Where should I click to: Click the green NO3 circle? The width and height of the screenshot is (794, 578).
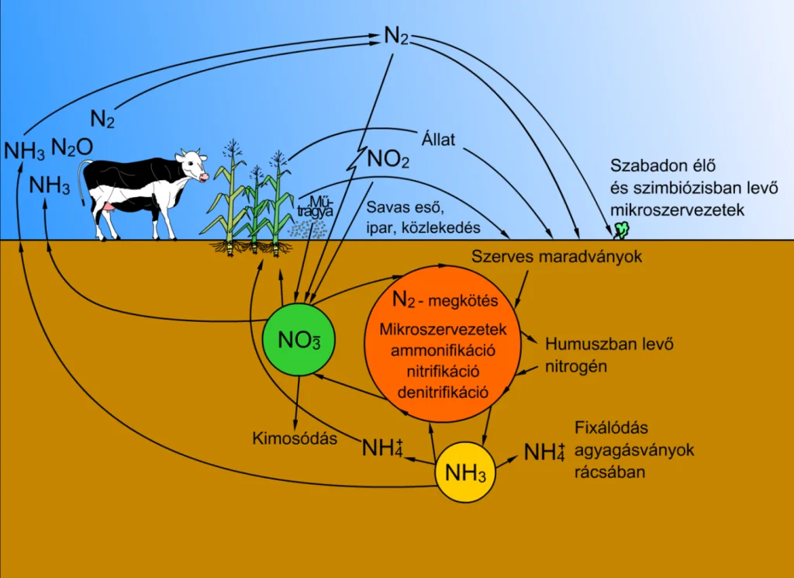(299, 339)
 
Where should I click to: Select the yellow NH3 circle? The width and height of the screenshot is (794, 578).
(465, 472)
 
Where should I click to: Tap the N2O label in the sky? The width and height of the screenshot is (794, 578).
(72, 147)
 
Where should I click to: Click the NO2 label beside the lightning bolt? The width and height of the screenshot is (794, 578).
(388, 159)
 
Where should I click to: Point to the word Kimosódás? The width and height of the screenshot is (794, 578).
(295, 438)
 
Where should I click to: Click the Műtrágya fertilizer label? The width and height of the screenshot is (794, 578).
(315, 206)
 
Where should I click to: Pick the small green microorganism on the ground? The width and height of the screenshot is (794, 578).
(621, 230)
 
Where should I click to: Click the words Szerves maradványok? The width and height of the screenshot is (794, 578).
(557, 256)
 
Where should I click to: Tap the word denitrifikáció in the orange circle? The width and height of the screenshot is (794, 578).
(443, 392)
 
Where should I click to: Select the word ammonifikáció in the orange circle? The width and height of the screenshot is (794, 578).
(443, 350)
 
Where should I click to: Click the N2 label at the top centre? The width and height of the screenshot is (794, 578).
(396, 36)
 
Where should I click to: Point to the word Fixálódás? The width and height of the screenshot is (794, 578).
(611, 427)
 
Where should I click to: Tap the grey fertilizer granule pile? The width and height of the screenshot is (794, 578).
(307, 229)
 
